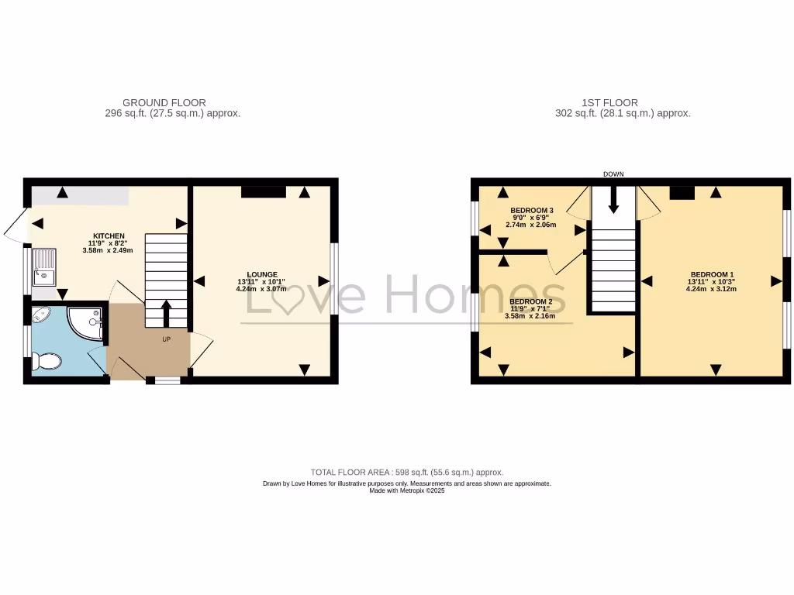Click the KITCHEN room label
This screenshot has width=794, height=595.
pos(109,236)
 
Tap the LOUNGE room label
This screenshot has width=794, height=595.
pos(262,274)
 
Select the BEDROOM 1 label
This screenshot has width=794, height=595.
pos(711,274)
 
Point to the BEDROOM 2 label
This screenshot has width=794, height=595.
pos(530,301)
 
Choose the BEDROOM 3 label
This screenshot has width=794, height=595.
pos(531,211)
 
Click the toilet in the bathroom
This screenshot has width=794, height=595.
pos(48,362)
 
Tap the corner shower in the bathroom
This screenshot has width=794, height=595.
pos(86,322)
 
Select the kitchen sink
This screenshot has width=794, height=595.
pos(44,265)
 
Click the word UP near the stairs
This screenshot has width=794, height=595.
pos(167,339)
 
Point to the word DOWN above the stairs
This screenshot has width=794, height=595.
pos(613,174)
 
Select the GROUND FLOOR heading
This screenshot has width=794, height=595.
pos(164,102)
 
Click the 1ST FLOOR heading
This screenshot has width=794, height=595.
pos(609,102)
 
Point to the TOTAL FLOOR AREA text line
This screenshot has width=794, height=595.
pos(406,472)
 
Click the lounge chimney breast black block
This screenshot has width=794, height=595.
pos(264,191)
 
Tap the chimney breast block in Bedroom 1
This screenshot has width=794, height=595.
pos(682,193)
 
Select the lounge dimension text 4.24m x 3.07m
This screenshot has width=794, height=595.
pos(262,289)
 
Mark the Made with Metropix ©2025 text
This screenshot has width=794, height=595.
pos(406,490)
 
